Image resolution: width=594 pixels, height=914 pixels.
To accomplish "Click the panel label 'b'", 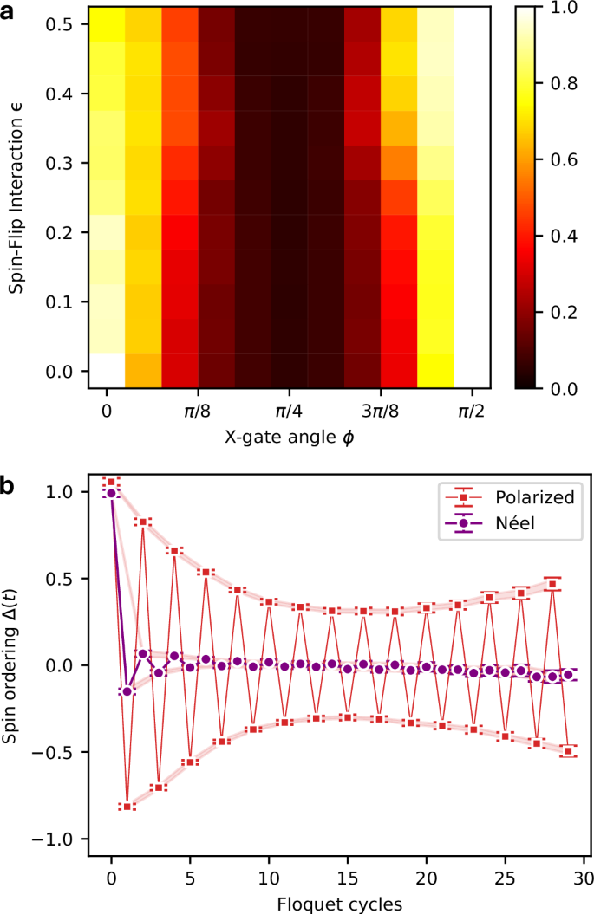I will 9,486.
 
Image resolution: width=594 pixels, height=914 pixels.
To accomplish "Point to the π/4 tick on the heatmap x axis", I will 289,414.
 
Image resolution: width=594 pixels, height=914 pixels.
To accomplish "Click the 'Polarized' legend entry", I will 511,499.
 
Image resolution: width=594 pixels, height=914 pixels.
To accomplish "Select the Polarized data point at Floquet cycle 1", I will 127,807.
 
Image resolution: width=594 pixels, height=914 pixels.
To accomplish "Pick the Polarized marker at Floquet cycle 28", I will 552,585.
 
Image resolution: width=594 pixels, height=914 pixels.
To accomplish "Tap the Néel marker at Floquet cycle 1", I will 127,691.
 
